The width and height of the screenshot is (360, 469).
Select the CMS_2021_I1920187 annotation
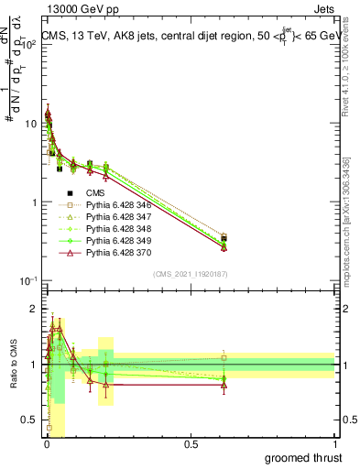pyautogui.click(x=190, y=274)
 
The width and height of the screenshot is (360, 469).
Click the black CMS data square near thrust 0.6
pyautogui.click(x=224, y=238)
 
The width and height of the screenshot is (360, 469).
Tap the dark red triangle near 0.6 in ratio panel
pyautogui.click(x=224, y=385)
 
